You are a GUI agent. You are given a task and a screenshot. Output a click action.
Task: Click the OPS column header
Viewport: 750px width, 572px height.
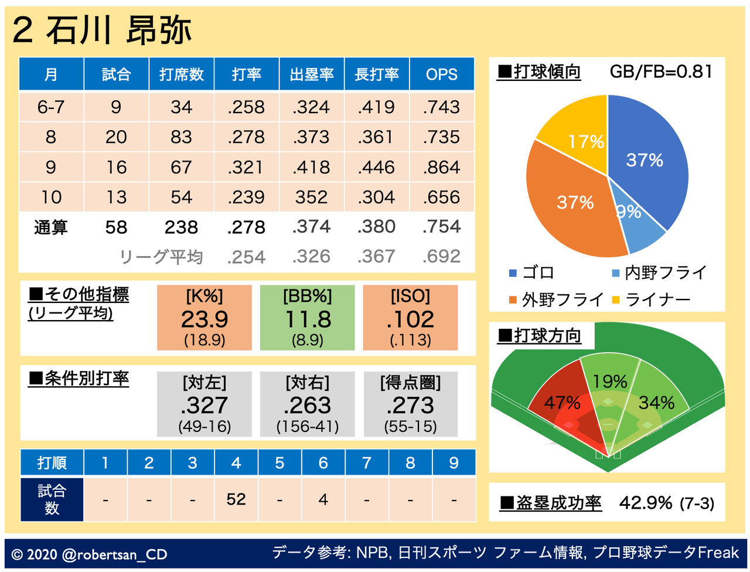point(442,74)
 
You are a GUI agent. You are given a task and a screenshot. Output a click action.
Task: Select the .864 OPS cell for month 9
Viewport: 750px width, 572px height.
point(442,167)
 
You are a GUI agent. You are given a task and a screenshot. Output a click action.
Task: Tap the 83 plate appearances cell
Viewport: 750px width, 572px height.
point(181,137)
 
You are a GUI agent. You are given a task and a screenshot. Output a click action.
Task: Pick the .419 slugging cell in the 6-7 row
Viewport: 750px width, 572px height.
point(377,107)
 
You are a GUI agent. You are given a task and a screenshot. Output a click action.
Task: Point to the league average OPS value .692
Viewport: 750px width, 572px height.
point(442,257)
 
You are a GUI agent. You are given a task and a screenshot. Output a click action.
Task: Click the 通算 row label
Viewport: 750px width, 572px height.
point(51,227)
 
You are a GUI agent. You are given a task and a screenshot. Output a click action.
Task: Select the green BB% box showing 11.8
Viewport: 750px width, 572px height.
point(308,318)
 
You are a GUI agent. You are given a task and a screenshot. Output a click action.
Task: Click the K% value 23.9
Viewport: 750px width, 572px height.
point(204,319)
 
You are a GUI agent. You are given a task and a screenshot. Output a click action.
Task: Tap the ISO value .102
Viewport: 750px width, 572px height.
point(410,319)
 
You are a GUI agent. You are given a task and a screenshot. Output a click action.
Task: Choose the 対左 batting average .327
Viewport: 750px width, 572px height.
point(204,405)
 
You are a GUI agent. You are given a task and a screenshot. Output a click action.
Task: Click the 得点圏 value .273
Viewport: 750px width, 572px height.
point(410,405)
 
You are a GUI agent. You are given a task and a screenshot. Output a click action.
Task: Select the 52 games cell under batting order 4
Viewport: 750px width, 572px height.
point(236,499)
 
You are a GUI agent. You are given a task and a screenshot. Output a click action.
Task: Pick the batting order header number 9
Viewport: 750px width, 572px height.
point(454,463)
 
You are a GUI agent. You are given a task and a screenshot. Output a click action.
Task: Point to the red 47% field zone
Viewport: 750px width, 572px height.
point(562,404)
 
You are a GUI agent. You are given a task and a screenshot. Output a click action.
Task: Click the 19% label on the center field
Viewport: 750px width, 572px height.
point(609,382)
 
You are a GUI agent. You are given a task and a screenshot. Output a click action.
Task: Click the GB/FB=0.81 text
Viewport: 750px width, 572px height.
point(661,71)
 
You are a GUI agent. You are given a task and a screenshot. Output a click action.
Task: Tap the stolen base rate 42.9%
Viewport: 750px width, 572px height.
point(646,503)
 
